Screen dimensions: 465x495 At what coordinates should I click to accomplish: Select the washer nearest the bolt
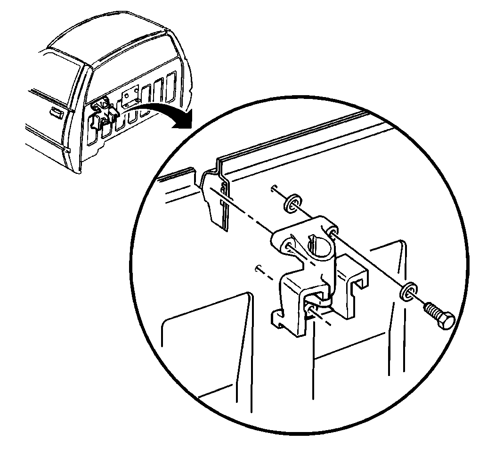pos(408,292)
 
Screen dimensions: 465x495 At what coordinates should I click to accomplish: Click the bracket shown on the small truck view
pos(104,113)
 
